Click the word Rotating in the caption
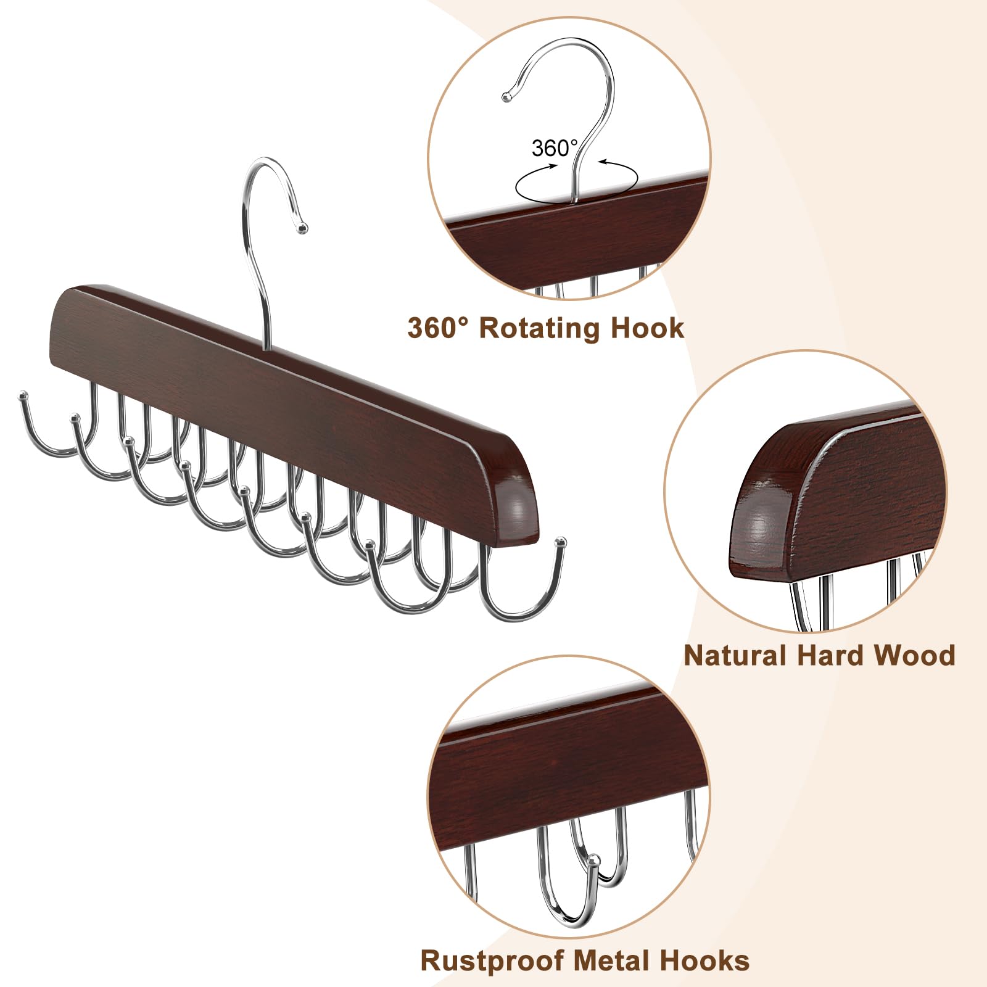[539, 328]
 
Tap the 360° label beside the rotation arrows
[554, 148]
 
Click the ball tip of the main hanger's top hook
[302, 228]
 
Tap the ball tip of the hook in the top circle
[506, 97]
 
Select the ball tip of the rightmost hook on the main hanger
[561, 542]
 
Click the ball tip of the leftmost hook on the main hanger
[23, 393]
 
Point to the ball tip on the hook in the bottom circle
[593, 859]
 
